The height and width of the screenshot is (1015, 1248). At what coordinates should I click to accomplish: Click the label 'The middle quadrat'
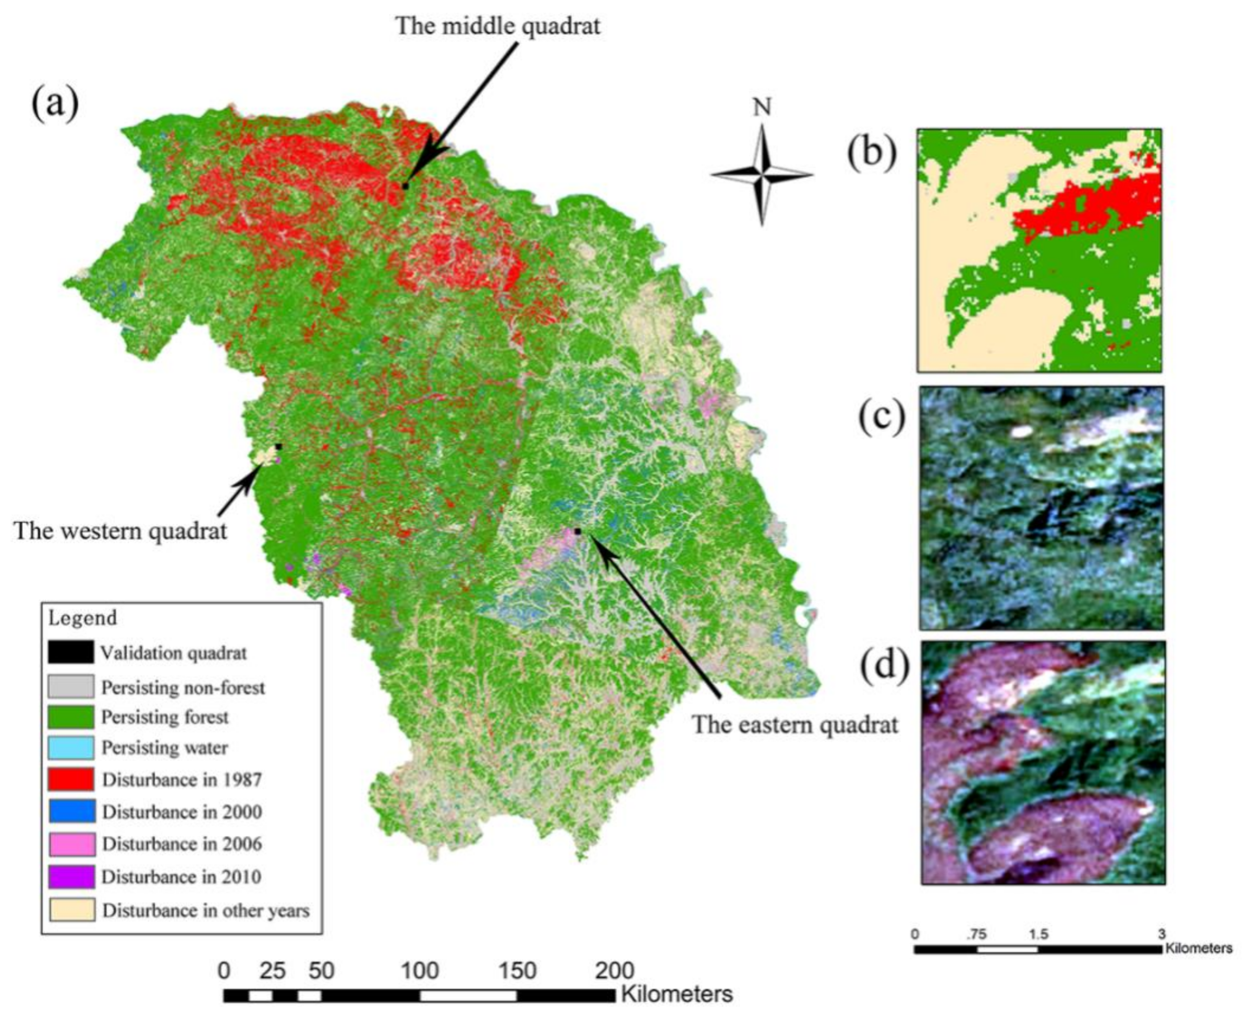[498, 26]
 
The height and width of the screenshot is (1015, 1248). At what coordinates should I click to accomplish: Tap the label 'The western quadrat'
[120, 531]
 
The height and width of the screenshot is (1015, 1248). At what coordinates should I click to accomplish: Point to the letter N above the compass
[762, 107]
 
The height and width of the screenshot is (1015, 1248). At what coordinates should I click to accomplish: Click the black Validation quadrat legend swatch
[71, 652]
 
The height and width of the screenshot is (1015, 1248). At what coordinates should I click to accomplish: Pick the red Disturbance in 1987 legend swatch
[71, 779]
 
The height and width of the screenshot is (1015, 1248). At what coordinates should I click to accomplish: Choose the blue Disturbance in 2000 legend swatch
[71, 812]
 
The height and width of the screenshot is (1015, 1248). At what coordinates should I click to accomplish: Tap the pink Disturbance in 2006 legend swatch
[71, 844]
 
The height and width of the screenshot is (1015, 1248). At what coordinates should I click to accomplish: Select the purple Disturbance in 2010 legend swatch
[71, 876]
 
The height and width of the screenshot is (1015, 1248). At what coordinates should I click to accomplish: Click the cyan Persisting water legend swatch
[71, 747]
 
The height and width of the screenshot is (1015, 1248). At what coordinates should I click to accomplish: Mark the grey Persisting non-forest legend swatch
[71, 687]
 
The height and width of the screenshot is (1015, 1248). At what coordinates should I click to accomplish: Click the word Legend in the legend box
[82, 618]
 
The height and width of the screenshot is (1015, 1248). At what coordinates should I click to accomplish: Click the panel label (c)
[882, 416]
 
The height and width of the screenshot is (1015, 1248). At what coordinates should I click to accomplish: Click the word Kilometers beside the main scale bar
[676, 993]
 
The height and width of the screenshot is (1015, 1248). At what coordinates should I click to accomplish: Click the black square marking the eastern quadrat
[577, 531]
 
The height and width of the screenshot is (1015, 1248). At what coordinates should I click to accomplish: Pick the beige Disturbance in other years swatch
[71, 910]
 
